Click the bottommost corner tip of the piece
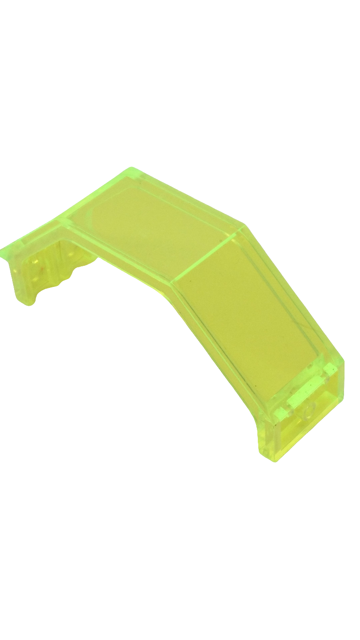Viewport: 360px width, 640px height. pyautogui.click(x=275, y=460)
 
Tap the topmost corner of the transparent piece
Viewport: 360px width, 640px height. pyautogui.click(x=132, y=168)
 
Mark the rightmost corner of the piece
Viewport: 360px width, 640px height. pyautogui.click(x=344, y=363)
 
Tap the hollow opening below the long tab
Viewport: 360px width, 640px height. pyautogui.click(x=309, y=422)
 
